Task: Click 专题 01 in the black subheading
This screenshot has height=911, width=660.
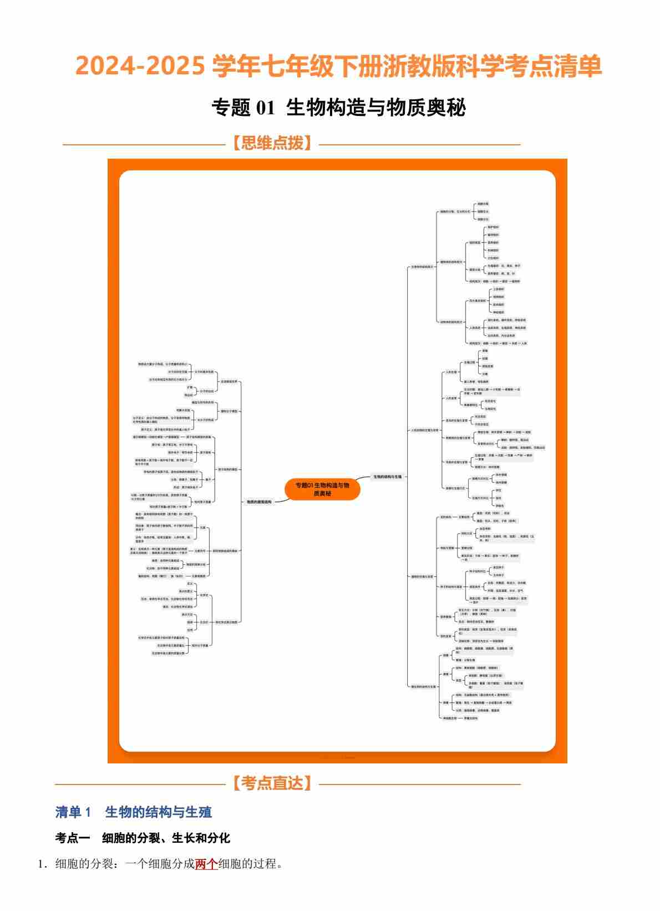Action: pyautogui.click(x=243, y=108)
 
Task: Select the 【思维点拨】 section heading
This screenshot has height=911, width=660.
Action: pyautogui.click(x=272, y=144)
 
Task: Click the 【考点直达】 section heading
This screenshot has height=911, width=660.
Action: pyautogui.click(x=272, y=783)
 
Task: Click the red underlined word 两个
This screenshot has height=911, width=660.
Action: pyautogui.click(x=206, y=864)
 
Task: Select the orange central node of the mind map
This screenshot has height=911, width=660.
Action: pyautogui.click(x=322, y=489)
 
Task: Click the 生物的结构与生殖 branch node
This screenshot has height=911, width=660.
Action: pyautogui.click(x=387, y=477)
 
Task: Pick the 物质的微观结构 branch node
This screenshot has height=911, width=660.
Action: pyautogui.click(x=259, y=502)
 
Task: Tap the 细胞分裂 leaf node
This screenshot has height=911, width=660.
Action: pyautogui.click(x=483, y=204)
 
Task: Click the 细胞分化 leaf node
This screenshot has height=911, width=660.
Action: pyautogui.click(x=483, y=219)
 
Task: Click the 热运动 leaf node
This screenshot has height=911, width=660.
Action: pyautogui.click(x=189, y=394)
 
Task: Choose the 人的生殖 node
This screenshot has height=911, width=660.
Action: pyautogui.click(x=451, y=372)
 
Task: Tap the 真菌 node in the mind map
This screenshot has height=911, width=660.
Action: pyautogui.click(x=445, y=674)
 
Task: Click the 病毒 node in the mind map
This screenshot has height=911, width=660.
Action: pyautogui.click(x=445, y=702)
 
